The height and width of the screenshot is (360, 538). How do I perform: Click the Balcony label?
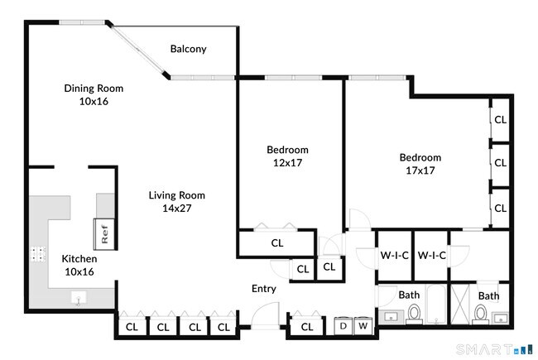(x=188, y=49)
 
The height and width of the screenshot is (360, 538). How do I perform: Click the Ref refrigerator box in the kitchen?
(x=105, y=233)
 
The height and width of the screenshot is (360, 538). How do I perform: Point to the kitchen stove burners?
(x=38, y=255)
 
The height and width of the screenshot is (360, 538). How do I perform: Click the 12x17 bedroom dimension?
(x=287, y=163)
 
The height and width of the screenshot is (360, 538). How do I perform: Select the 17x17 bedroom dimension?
(x=420, y=170)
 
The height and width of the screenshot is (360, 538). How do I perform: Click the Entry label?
(x=264, y=289)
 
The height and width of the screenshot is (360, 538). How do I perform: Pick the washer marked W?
(x=363, y=327)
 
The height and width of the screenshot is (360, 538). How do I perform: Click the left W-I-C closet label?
(x=394, y=256)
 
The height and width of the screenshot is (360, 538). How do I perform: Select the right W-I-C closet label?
(x=431, y=256)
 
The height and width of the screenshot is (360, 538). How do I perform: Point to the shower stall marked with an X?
(x=460, y=302)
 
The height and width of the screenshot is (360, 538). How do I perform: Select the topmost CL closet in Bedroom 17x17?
(x=500, y=119)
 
